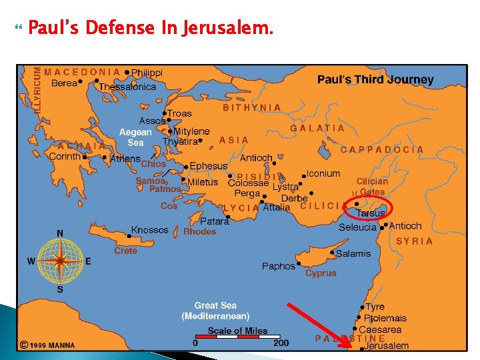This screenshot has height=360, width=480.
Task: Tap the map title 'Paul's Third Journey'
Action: click(x=375, y=79)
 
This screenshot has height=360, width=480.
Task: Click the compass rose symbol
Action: click(x=60, y=260)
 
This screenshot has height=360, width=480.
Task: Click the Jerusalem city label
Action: click(x=387, y=346)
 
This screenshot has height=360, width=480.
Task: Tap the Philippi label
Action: click(x=147, y=73)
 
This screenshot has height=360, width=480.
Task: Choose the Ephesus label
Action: click(x=209, y=165)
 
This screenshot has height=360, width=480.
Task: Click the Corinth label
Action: click(x=65, y=156)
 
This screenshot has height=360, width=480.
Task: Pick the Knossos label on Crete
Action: click(x=149, y=230)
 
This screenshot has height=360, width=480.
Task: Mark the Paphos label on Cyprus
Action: click(x=278, y=266)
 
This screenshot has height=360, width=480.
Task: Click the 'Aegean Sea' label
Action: click(x=135, y=137)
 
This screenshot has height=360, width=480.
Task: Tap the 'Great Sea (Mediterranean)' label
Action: click(x=215, y=311)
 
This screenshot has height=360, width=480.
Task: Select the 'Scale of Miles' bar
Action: click(x=238, y=337)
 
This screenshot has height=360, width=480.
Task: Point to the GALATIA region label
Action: click(x=317, y=128)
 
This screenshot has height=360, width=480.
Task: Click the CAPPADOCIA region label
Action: click(x=382, y=149)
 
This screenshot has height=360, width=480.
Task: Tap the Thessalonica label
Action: click(x=127, y=87)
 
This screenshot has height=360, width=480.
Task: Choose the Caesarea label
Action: click(x=380, y=329)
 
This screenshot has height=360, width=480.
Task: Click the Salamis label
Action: click(x=353, y=253)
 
